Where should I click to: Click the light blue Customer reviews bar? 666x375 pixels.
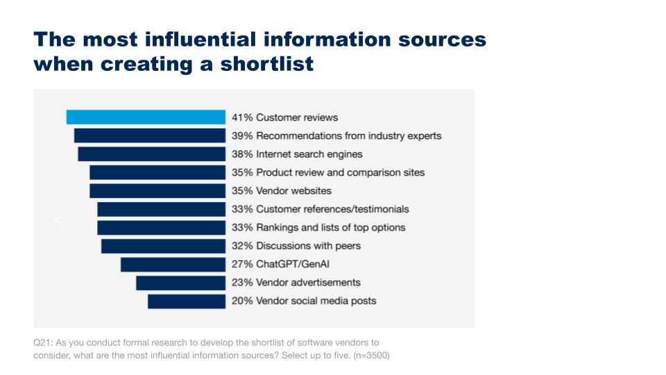click(146, 117)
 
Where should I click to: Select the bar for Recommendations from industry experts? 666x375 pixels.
click(150, 135)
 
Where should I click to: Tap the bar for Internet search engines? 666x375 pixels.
click(151, 154)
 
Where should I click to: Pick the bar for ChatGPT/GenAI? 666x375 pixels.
click(173, 264)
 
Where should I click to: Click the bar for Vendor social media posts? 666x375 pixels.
click(187, 301)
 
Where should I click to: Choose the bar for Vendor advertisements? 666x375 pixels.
click(180, 283)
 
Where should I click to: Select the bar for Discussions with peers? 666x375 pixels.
click(163, 246)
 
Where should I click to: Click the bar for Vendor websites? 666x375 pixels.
click(157, 190)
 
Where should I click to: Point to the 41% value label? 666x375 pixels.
click(242, 117)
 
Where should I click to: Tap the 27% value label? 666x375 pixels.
click(242, 264)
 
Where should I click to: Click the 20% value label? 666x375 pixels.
click(242, 301)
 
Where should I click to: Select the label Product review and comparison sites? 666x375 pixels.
click(340, 172)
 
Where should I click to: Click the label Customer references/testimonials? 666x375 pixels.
click(332, 209)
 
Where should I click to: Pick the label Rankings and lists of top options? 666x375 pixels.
click(330, 227)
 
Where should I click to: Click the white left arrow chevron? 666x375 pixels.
click(59, 221)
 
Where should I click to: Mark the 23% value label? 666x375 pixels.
click(242, 283)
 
